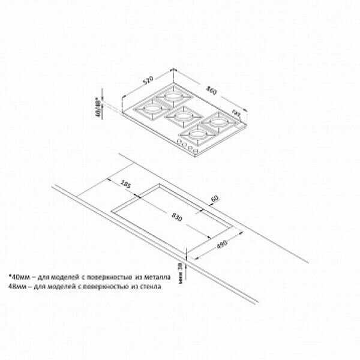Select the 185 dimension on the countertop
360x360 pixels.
point(125,183)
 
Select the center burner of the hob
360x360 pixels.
point(179,113)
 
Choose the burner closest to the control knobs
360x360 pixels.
point(198,133)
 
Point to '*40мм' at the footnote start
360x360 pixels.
point(19,277)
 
